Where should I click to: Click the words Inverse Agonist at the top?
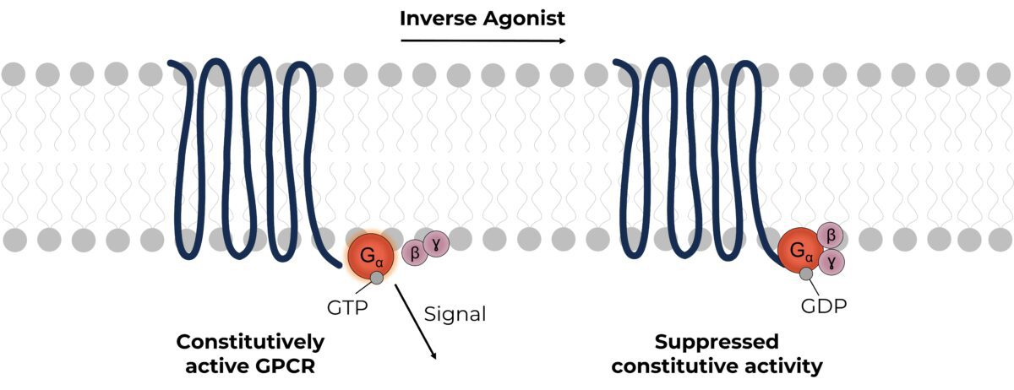pyautogui.click(x=483, y=17)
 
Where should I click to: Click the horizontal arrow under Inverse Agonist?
pyautogui.click(x=483, y=39)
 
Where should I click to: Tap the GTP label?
pyautogui.click(x=346, y=307)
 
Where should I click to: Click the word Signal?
pyautogui.click(x=455, y=315)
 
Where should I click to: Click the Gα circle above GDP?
pyautogui.click(x=801, y=251)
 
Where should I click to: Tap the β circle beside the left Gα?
pyautogui.click(x=415, y=251)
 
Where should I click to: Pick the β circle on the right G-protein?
pyautogui.click(x=830, y=236)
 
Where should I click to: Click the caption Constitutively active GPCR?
pyautogui.click(x=249, y=354)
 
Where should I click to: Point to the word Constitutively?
pyautogui.click(x=249, y=343)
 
